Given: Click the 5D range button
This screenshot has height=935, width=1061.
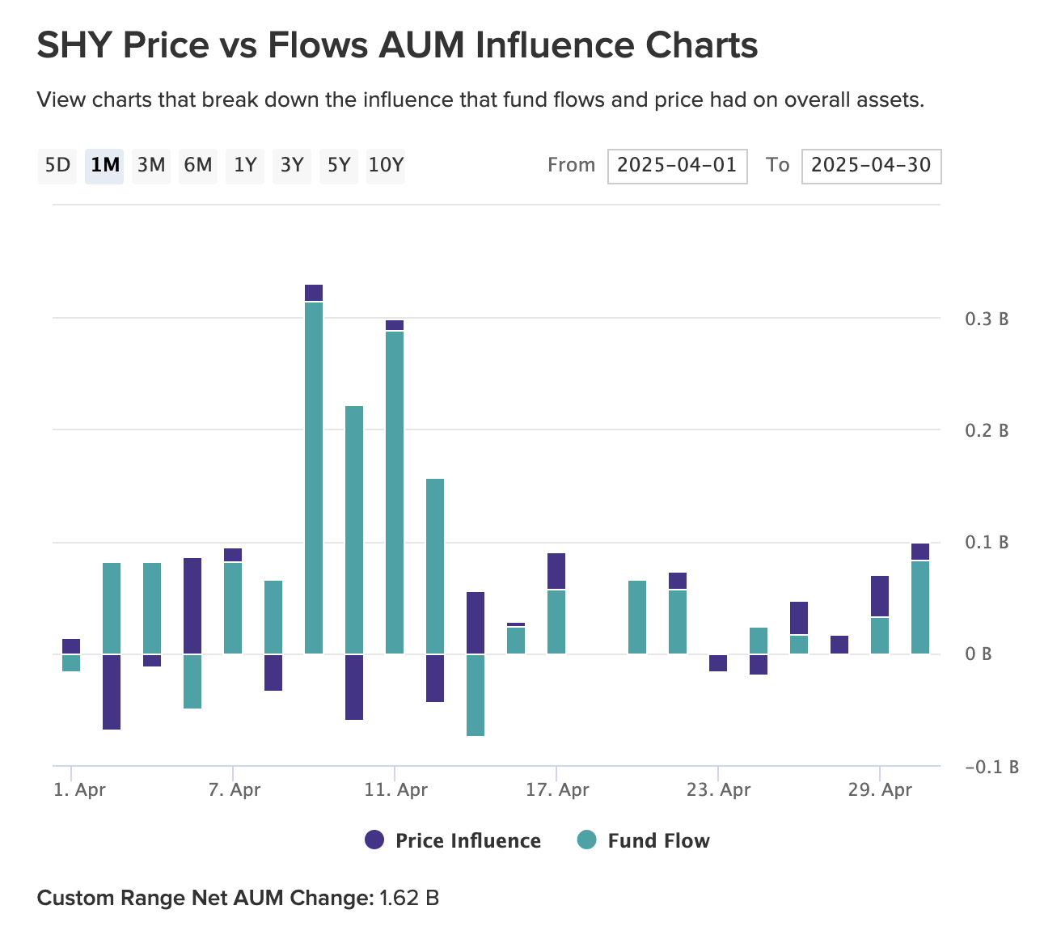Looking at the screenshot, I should (58, 166).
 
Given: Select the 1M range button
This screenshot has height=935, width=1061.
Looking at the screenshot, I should (104, 166).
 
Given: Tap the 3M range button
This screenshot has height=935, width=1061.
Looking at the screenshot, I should (151, 166).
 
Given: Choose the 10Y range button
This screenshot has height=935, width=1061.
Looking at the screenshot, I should (386, 166).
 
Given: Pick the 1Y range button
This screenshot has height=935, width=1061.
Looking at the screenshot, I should (245, 166).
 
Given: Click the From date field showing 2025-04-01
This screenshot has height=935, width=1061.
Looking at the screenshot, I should (677, 166).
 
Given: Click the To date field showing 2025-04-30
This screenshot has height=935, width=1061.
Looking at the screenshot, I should (871, 166).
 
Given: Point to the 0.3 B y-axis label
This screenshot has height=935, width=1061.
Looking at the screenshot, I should (987, 319).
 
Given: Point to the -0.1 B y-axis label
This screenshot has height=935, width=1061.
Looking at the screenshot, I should (991, 767).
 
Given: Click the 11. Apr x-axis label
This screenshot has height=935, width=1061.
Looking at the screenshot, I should (395, 789).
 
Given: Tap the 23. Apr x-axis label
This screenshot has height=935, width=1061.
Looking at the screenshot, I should (718, 789).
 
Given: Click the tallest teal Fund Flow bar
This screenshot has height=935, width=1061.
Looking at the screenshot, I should (314, 477).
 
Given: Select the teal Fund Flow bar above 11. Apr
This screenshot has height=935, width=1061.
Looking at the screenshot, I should (395, 492).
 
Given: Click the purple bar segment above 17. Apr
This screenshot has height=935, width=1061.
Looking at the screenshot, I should (556, 571).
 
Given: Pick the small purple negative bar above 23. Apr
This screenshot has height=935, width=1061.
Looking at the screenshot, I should (718, 662).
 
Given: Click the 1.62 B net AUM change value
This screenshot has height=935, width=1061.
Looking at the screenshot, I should (409, 898).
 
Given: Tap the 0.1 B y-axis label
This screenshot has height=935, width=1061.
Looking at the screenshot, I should (987, 542).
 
